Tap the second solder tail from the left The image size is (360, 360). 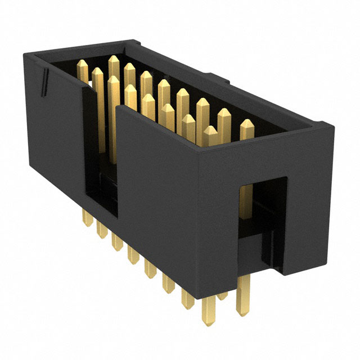tap(102, 231)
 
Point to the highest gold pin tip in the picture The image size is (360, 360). tap(113, 60)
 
